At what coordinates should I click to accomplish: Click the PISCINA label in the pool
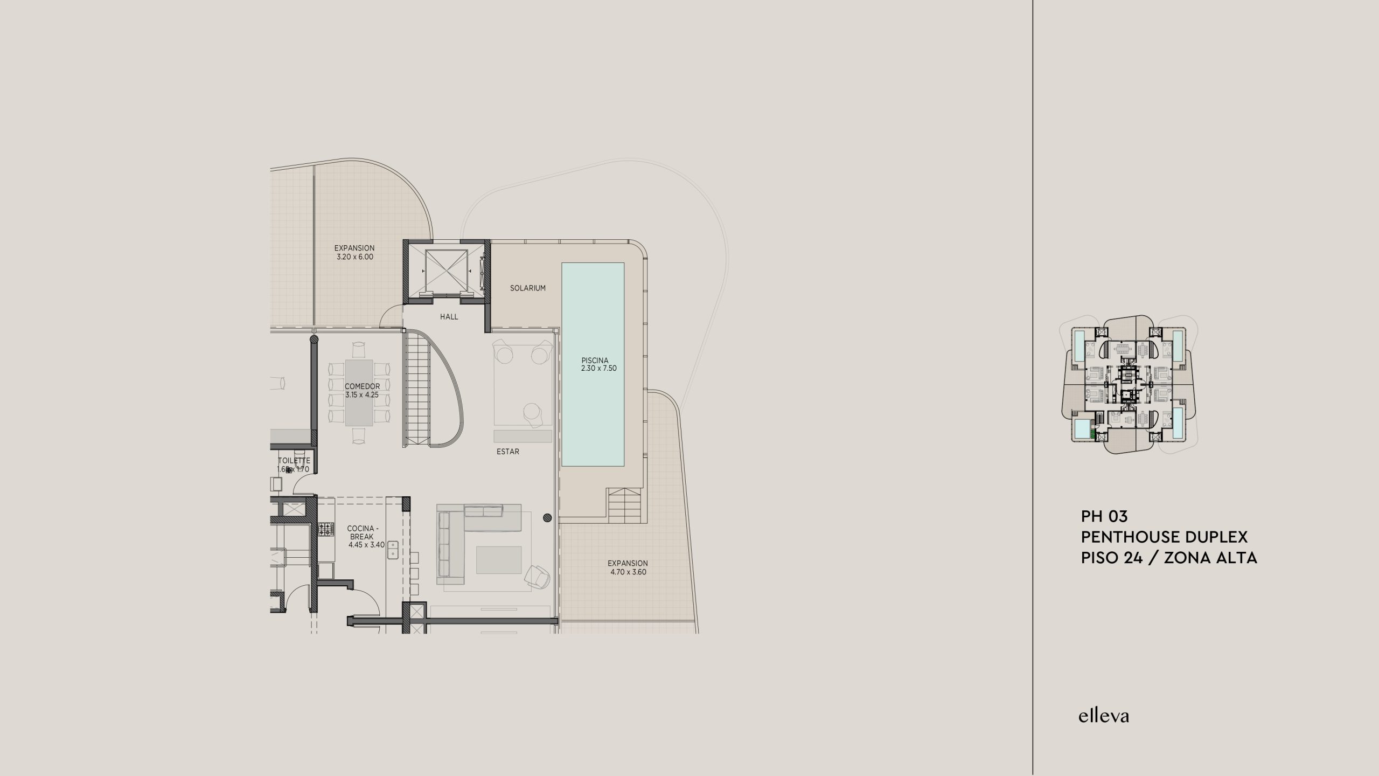tap(595, 361)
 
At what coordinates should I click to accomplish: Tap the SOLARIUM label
tap(528, 288)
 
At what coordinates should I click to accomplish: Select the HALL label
tap(449, 317)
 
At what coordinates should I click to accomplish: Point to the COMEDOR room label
tap(363, 386)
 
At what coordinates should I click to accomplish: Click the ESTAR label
tap(508, 452)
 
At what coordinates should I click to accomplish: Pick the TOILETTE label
tap(294, 461)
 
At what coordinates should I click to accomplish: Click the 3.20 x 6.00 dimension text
tap(354, 257)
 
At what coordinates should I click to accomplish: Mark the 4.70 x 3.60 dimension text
tap(628, 572)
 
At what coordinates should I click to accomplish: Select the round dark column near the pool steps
tap(548, 518)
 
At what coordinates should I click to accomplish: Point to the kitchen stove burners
tap(326, 529)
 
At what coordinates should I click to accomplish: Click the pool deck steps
tap(625, 504)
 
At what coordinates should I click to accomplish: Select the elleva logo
tap(1103, 716)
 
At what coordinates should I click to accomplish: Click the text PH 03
tap(1104, 517)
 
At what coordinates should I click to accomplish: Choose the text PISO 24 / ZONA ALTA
tap(1169, 558)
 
